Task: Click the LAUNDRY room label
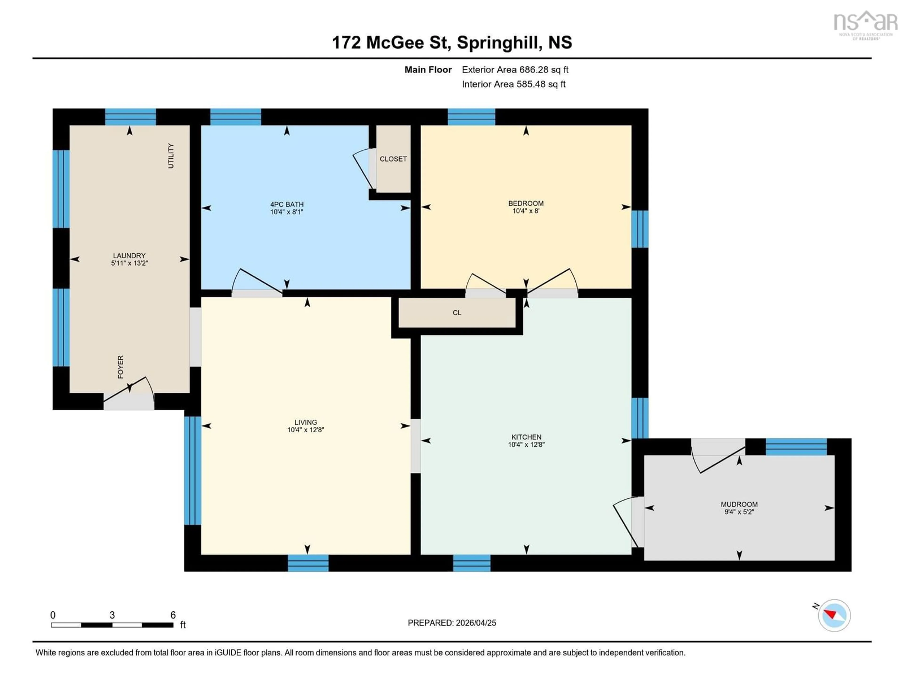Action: (x=129, y=256)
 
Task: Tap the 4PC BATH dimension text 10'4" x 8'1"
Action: (x=287, y=212)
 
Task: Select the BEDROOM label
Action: (x=526, y=203)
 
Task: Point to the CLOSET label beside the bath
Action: (x=393, y=159)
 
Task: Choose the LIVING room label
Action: (x=306, y=422)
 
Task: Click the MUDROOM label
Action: (x=739, y=504)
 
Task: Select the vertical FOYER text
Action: (x=121, y=367)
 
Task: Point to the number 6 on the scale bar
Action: (x=173, y=615)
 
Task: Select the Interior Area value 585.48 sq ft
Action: (x=541, y=84)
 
